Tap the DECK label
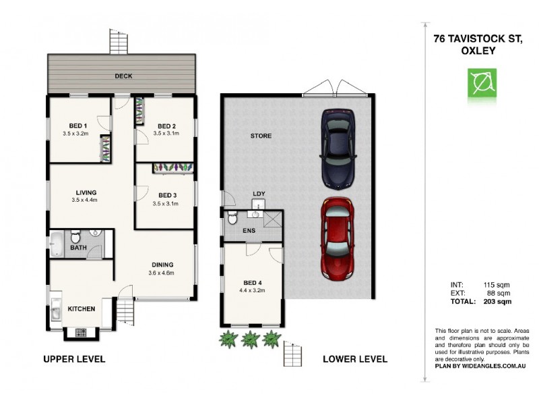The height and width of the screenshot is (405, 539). click(x=123, y=76)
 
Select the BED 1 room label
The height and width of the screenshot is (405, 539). click(x=78, y=126)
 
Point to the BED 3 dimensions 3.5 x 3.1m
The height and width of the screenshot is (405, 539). click(x=166, y=204)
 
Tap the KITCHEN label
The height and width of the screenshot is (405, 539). click(x=81, y=308)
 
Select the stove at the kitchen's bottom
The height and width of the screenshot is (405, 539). click(x=82, y=332)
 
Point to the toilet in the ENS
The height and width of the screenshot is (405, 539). click(x=232, y=217)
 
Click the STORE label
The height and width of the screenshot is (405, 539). click(x=261, y=136)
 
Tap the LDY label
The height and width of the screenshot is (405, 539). click(x=259, y=194)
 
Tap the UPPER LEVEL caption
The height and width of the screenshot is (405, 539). click(x=74, y=359)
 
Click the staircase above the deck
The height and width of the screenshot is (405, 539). click(x=119, y=43)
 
